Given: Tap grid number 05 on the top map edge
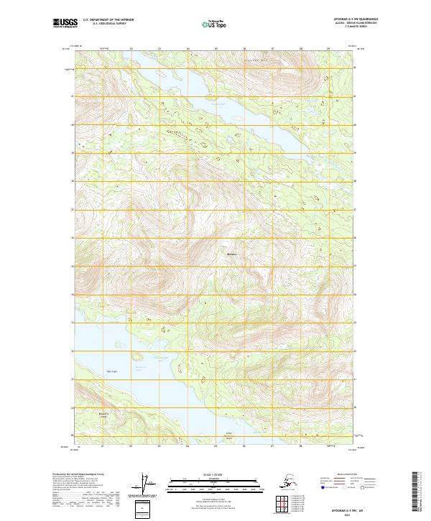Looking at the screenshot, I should tap(215, 49).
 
